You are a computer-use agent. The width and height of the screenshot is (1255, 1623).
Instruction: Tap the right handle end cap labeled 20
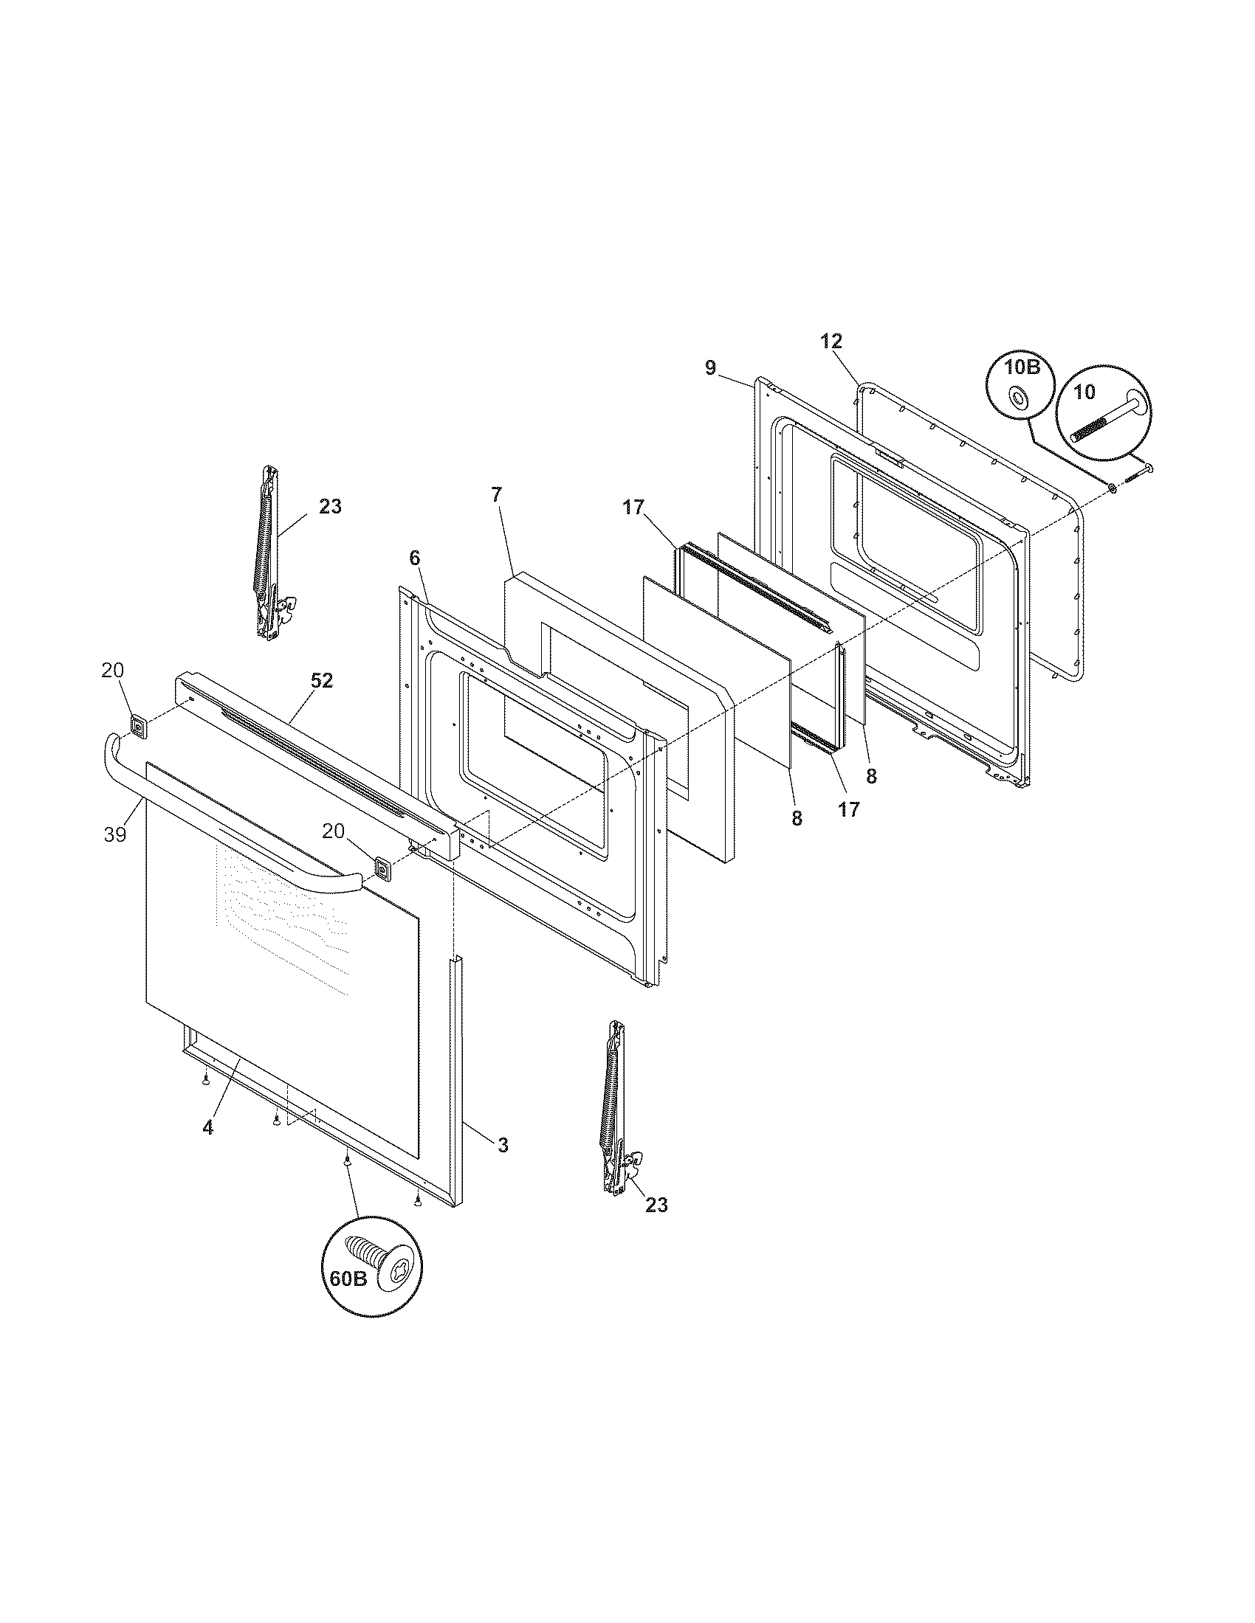pos(382,868)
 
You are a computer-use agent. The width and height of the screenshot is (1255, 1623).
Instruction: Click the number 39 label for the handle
pos(115,834)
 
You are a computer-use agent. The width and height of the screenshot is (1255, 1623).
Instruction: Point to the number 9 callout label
pos(710,368)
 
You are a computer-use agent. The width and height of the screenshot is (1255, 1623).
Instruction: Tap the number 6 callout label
pos(414,557)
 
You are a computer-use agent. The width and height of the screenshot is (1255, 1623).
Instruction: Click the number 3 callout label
pos(503,1145)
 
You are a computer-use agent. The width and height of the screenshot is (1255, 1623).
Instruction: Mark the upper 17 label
pos(633,508)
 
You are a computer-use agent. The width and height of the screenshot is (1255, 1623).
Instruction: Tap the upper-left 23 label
pos(330,507)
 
